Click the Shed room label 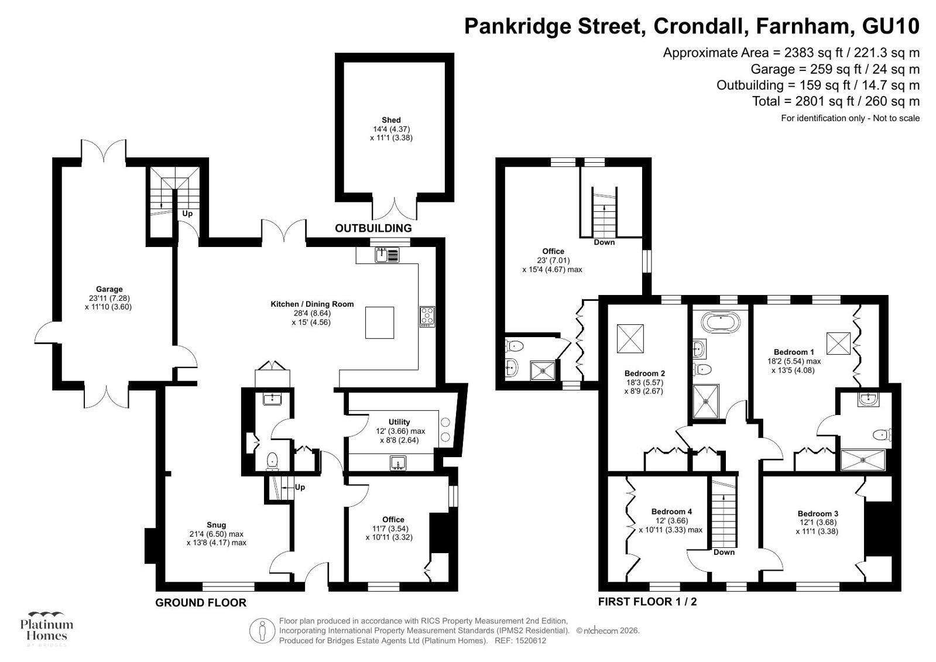pyautogui.click(x=391, y=121)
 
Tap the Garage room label pyautogui.click(x=109, y=289)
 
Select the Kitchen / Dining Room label pyautogui.click(x=312, y=304)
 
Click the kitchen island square pyautogui.click(x=379, y=323)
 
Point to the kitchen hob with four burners pyautogui.click(x=427, y=317)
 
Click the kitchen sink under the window pyautogui.click(x=387, y=255)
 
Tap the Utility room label pyautogui.click(x=399, y=422)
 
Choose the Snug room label pyautogui.click(x=216, y=525)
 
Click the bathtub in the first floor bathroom pyautogui.click(x=721, y=323)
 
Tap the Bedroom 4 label pyautogui.click(x=671, y=512)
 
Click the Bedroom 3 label pyautogui.click(x=818, y=514)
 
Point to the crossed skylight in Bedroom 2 pyautogui.click(x=630, y=338)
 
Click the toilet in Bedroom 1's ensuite pyautogui.click(x=882, y=435)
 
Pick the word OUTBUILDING pyautogui.click(x=373, y=228)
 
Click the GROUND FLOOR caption pyautogui.click(x=201, y=603)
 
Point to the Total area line pyautogui.click(x=836, y=101)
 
